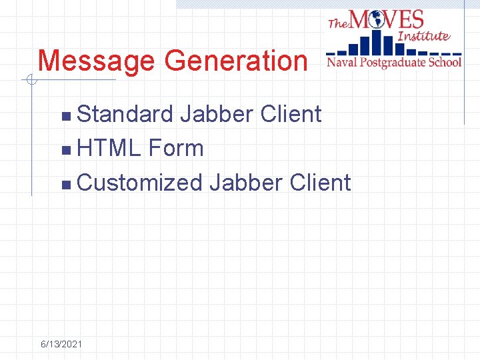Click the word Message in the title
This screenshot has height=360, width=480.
97,61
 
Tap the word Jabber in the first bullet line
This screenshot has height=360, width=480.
217,115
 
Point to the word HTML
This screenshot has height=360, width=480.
109,148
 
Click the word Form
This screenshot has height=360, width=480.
177,148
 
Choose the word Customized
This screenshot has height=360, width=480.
139,182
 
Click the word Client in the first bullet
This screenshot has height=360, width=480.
291,115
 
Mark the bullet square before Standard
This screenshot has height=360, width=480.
65,117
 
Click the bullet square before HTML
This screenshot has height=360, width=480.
65,150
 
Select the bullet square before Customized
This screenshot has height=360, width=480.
65,184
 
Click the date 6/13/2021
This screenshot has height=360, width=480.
61,344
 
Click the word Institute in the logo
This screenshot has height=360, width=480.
423,35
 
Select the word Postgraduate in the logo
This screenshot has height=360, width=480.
393,63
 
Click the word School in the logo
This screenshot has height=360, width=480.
444,63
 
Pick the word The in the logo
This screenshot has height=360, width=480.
339,23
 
